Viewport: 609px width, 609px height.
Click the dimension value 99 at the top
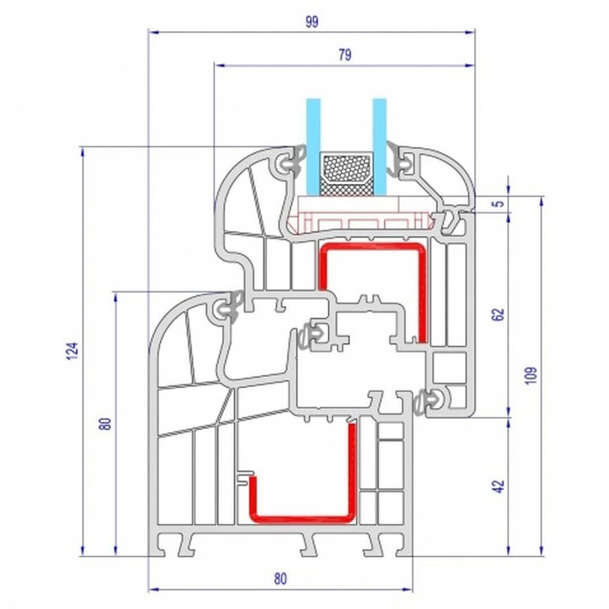coord(311,22)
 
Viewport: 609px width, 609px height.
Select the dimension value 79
coord(345,55)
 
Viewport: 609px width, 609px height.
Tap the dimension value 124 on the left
coord(73,351)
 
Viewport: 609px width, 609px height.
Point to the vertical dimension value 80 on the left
coord(105,423)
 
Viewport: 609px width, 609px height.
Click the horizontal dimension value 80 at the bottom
coord(280,579)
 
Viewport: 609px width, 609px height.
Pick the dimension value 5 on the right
coord(500,203)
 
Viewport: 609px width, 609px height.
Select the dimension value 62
coord(498,314)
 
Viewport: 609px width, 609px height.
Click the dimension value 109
coord(531,375)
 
